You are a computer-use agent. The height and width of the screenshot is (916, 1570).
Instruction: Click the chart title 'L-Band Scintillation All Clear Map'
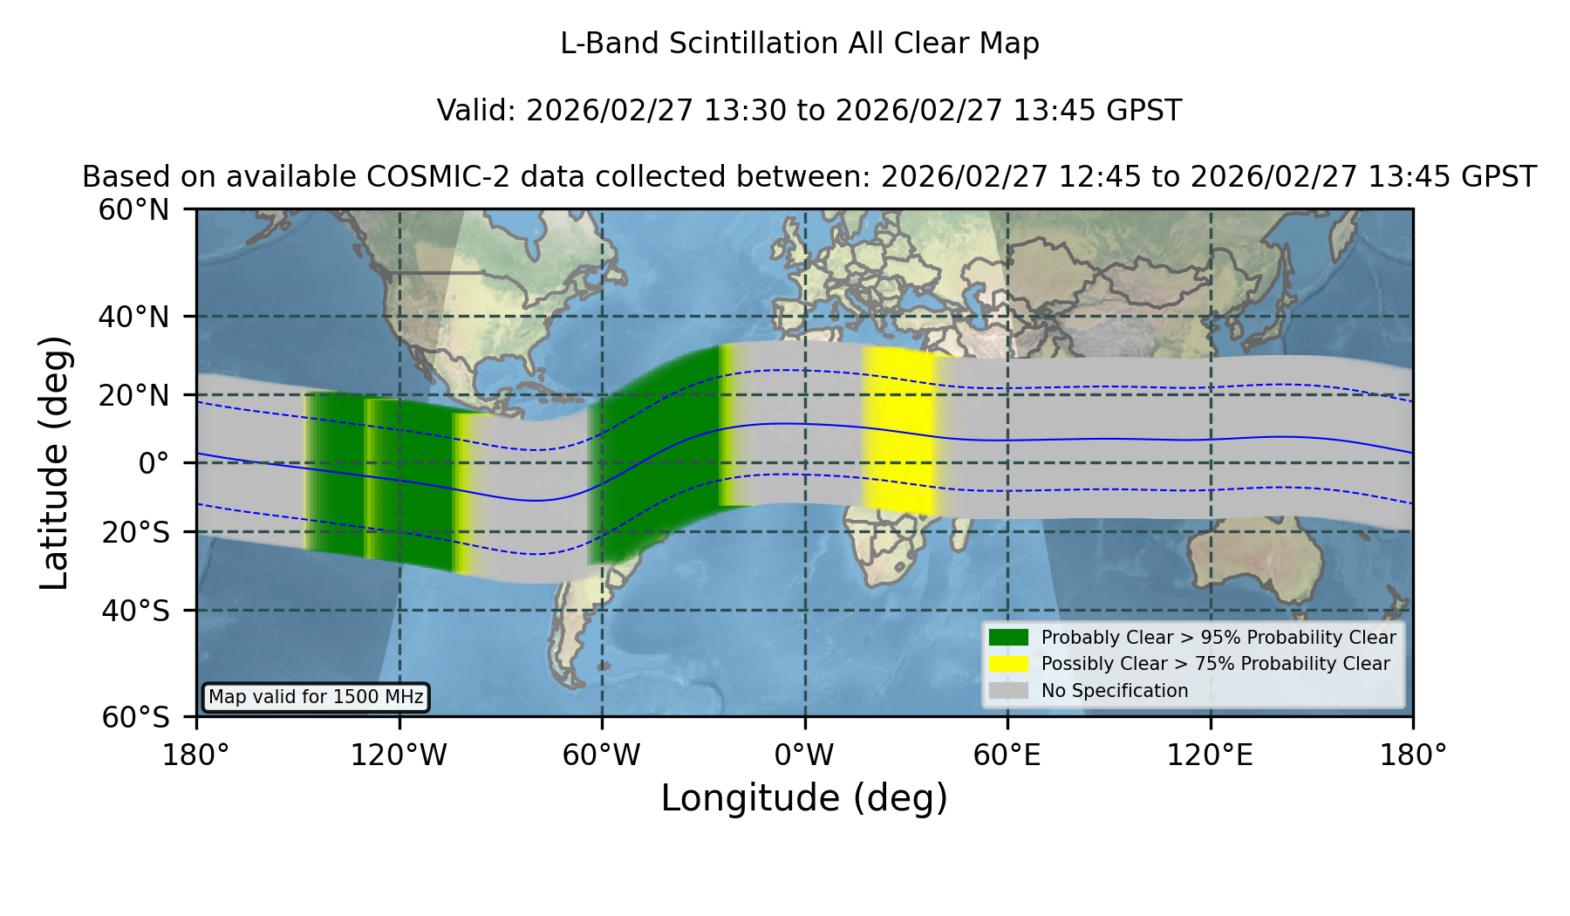pyautogui.click(x=799, y=44)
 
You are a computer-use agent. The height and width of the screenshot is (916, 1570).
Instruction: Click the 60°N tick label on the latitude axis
pyautogui.click(x=133, y=210)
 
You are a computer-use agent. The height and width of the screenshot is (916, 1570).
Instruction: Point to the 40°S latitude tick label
pyautogui.click(x=135, y=611)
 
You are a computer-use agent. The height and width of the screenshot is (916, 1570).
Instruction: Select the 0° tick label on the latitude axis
pyautogui.click(x=154, y=462)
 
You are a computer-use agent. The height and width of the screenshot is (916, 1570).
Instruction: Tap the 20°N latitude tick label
pyautogui.click(x=133, y=395)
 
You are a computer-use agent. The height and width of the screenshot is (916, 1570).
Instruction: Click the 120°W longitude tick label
pyautogui.click(x=399, y=755)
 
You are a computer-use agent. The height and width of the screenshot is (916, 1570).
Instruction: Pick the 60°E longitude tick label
pyautogui.click(x=1007, y=755)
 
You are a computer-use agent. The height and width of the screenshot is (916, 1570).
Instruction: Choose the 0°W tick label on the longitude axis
pyautogui.click(x=804, y=755)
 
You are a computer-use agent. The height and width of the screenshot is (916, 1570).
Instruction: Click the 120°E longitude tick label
pyautogui.click(x=1210, y=755)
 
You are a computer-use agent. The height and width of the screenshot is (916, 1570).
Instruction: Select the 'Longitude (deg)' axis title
pyautogui.click(x=804, y=798)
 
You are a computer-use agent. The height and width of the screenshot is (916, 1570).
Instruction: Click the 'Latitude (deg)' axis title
pyautogui.click(x=54, y=462)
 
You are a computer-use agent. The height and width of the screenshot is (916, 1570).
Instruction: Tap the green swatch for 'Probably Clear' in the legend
pyautogui.click(x=1008, y=638)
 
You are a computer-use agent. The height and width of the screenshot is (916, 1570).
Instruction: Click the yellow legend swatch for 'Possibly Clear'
pyautogui.click(x=1008, y=664)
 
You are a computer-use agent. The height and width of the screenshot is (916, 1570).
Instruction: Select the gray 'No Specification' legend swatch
pyautogui.click(x=1008, y=691)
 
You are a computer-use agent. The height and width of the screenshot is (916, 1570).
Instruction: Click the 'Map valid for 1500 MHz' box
pyautogui.click(x=316, y=697)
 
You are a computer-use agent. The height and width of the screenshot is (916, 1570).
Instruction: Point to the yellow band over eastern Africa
pyautogui.click(x=898, y=429)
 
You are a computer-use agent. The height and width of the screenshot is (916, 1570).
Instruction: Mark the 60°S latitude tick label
pyautogui.click(x=135, y=717)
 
